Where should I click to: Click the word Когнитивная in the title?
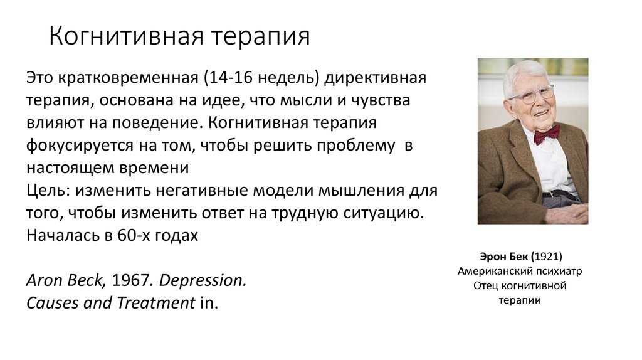pyautogui.click(x=126, y=36)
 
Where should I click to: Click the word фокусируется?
pyautogui.click(x=80, y=146)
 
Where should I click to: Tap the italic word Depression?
pyautogui.click(x=203, y=281)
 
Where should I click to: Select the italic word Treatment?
pyautogui.click(x=155, y=303)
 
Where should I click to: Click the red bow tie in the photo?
pyautogui.click(x=546, y=134)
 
